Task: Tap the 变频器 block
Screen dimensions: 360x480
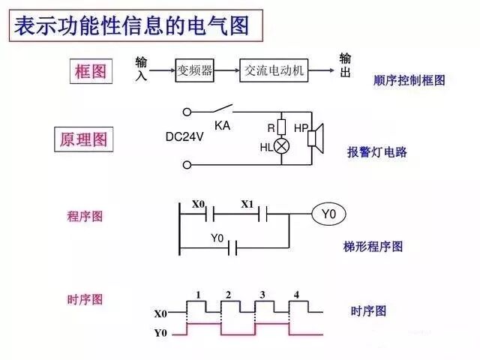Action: click(x=195, y=71)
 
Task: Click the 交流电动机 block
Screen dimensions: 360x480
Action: click(x=274, y=71)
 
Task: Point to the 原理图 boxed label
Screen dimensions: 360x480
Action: click(x=83, y=139)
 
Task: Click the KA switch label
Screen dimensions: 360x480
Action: click(x=222, y=126)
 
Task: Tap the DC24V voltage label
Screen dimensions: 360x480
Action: click(x=186, y=137)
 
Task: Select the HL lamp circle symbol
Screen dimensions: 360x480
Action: click(x=282, y=146)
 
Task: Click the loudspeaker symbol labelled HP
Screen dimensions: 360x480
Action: click(x=315, y=136)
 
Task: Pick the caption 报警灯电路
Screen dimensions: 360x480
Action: click(x=376, y=151)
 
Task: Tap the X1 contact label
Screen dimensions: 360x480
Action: click(x=247, y=204)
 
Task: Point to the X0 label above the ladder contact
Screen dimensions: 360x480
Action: click(x=198, y=204)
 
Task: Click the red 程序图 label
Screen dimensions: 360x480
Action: click(x=85, y=216)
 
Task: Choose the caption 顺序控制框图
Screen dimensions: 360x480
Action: click(x=409, y=79)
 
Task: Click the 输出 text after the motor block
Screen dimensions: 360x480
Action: click(x=346, y=65)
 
